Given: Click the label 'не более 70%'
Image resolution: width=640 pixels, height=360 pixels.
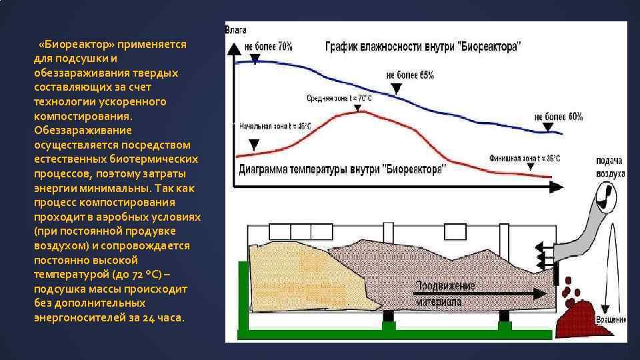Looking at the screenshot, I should coord(268,47).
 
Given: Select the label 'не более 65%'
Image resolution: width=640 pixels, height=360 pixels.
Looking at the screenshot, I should coord(410,75).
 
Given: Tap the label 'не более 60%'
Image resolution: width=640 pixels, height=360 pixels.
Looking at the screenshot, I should coord(559,116).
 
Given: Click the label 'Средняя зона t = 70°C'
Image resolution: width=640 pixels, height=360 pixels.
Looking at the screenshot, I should coord(339,98).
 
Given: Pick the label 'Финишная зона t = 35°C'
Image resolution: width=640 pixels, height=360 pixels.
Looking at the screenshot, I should coord(525,158).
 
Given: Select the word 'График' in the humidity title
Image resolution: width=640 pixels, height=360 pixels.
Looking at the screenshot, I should coord(342,48).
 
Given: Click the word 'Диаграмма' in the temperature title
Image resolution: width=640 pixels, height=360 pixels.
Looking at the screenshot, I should coord(267,169).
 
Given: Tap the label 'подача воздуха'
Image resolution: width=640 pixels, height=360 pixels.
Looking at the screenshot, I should coord(610,167).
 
